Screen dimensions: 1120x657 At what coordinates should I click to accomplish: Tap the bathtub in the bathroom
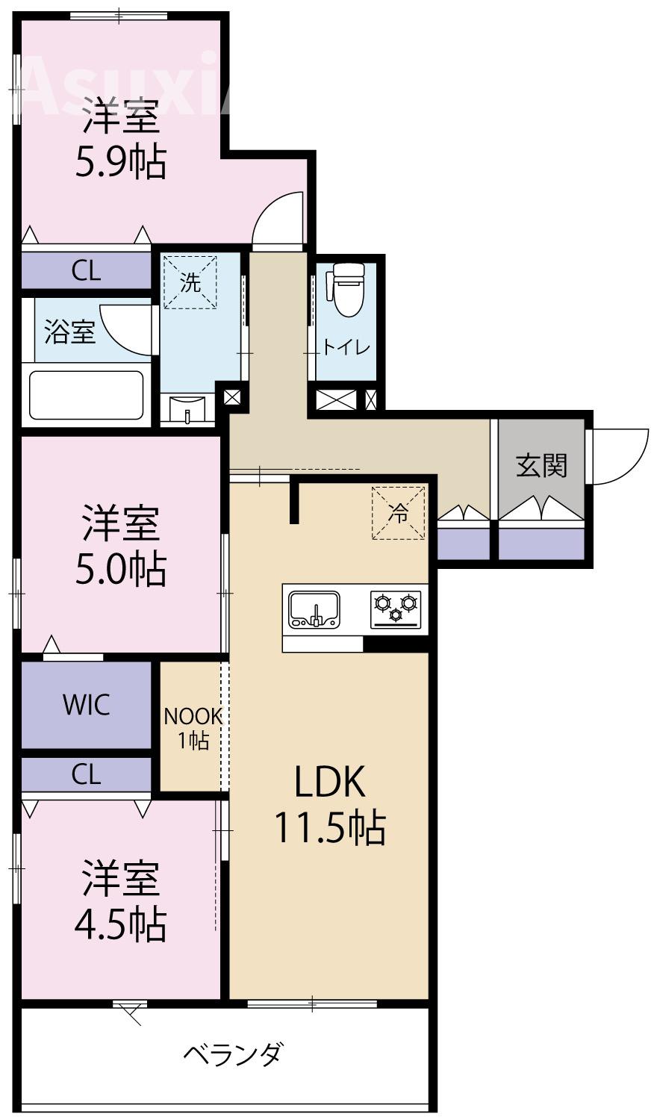point(86,395)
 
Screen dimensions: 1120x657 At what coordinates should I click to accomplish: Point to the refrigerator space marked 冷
point(399,512)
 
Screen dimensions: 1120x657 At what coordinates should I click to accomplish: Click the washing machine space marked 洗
point(190,282)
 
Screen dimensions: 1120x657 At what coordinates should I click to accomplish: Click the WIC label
point(87,704)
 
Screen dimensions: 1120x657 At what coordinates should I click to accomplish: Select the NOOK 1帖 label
point(193,728)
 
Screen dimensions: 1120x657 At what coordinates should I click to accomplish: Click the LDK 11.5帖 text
point(329,804)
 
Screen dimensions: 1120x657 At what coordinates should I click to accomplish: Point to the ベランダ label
point(233,1055)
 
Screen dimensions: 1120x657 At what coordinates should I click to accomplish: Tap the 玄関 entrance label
point(541,465)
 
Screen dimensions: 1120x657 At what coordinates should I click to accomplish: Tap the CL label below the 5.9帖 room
point(86,271)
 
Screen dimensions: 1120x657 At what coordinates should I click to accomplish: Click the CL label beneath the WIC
point(86,775)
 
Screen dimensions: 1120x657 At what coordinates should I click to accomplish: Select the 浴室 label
point(69,332)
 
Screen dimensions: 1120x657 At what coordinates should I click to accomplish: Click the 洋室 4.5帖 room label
point(119,900)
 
